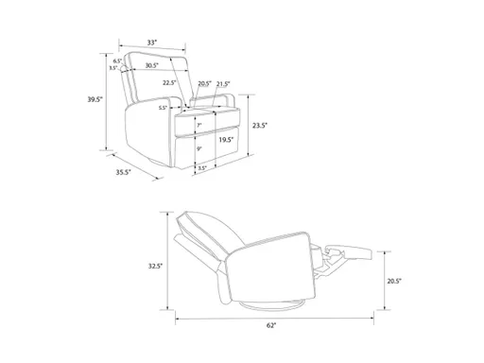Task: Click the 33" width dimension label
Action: (x=151, y=42)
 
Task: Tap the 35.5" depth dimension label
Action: (x=122, y=172)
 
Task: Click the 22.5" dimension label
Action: (x=169, y=82)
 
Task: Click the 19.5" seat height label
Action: (x=226, y=139)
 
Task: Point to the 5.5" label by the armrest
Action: (x=163, y=108)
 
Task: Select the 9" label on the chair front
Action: (x=199, y=147)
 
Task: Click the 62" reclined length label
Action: (x=271, y=325)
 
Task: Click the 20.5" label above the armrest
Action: (x=204, y=82)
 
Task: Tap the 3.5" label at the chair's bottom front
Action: (x=201, y=168)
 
